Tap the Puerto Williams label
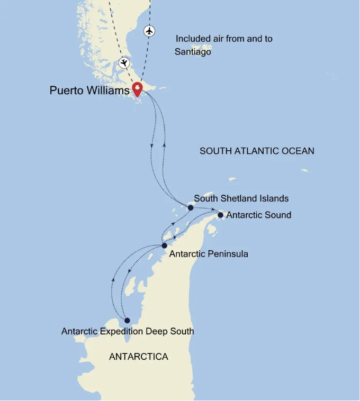[x=89, y=90]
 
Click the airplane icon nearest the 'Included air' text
[x=150, y=31]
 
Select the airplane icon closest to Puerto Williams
[x=124, y=63]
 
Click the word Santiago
[x=193, y=52]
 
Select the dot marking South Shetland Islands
[x=191, y=208]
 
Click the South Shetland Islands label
[x=241, y=198]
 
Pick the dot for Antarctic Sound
[x=220, y=215]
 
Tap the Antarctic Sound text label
[x=258, y=215]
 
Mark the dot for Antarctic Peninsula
[x=164, y=245]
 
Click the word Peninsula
[x=228, y=254]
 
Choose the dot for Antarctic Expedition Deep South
[x=127, y=320]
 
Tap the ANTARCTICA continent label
[x=139, y=357]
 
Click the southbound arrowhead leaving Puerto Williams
[x=152, y=145]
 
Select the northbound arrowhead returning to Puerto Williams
[x=164, y=144]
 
